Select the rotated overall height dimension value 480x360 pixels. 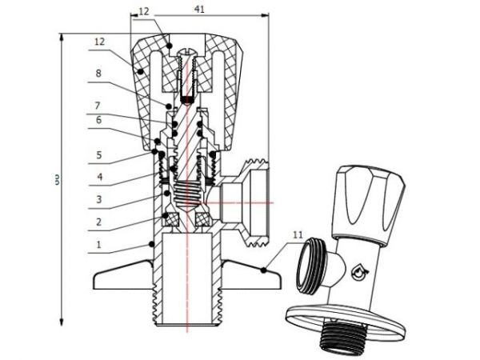[x=58, y=181]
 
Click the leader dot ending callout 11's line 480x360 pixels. [x=263, y=271]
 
